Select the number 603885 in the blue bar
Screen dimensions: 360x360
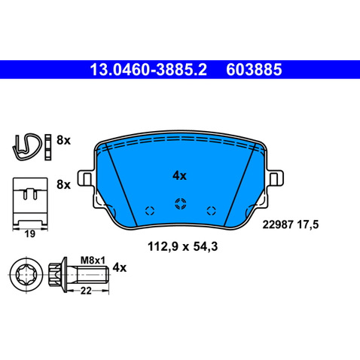(253, 71)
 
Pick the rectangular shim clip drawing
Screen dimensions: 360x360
(31, 199)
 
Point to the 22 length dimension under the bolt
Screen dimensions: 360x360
(87, 291)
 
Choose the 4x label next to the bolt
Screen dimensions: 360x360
(119, 267)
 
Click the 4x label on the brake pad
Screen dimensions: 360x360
(179, 175)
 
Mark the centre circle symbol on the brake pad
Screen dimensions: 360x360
(180, 203)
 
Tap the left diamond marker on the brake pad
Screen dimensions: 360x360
(148, 210)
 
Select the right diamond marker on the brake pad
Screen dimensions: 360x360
(210, 210)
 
